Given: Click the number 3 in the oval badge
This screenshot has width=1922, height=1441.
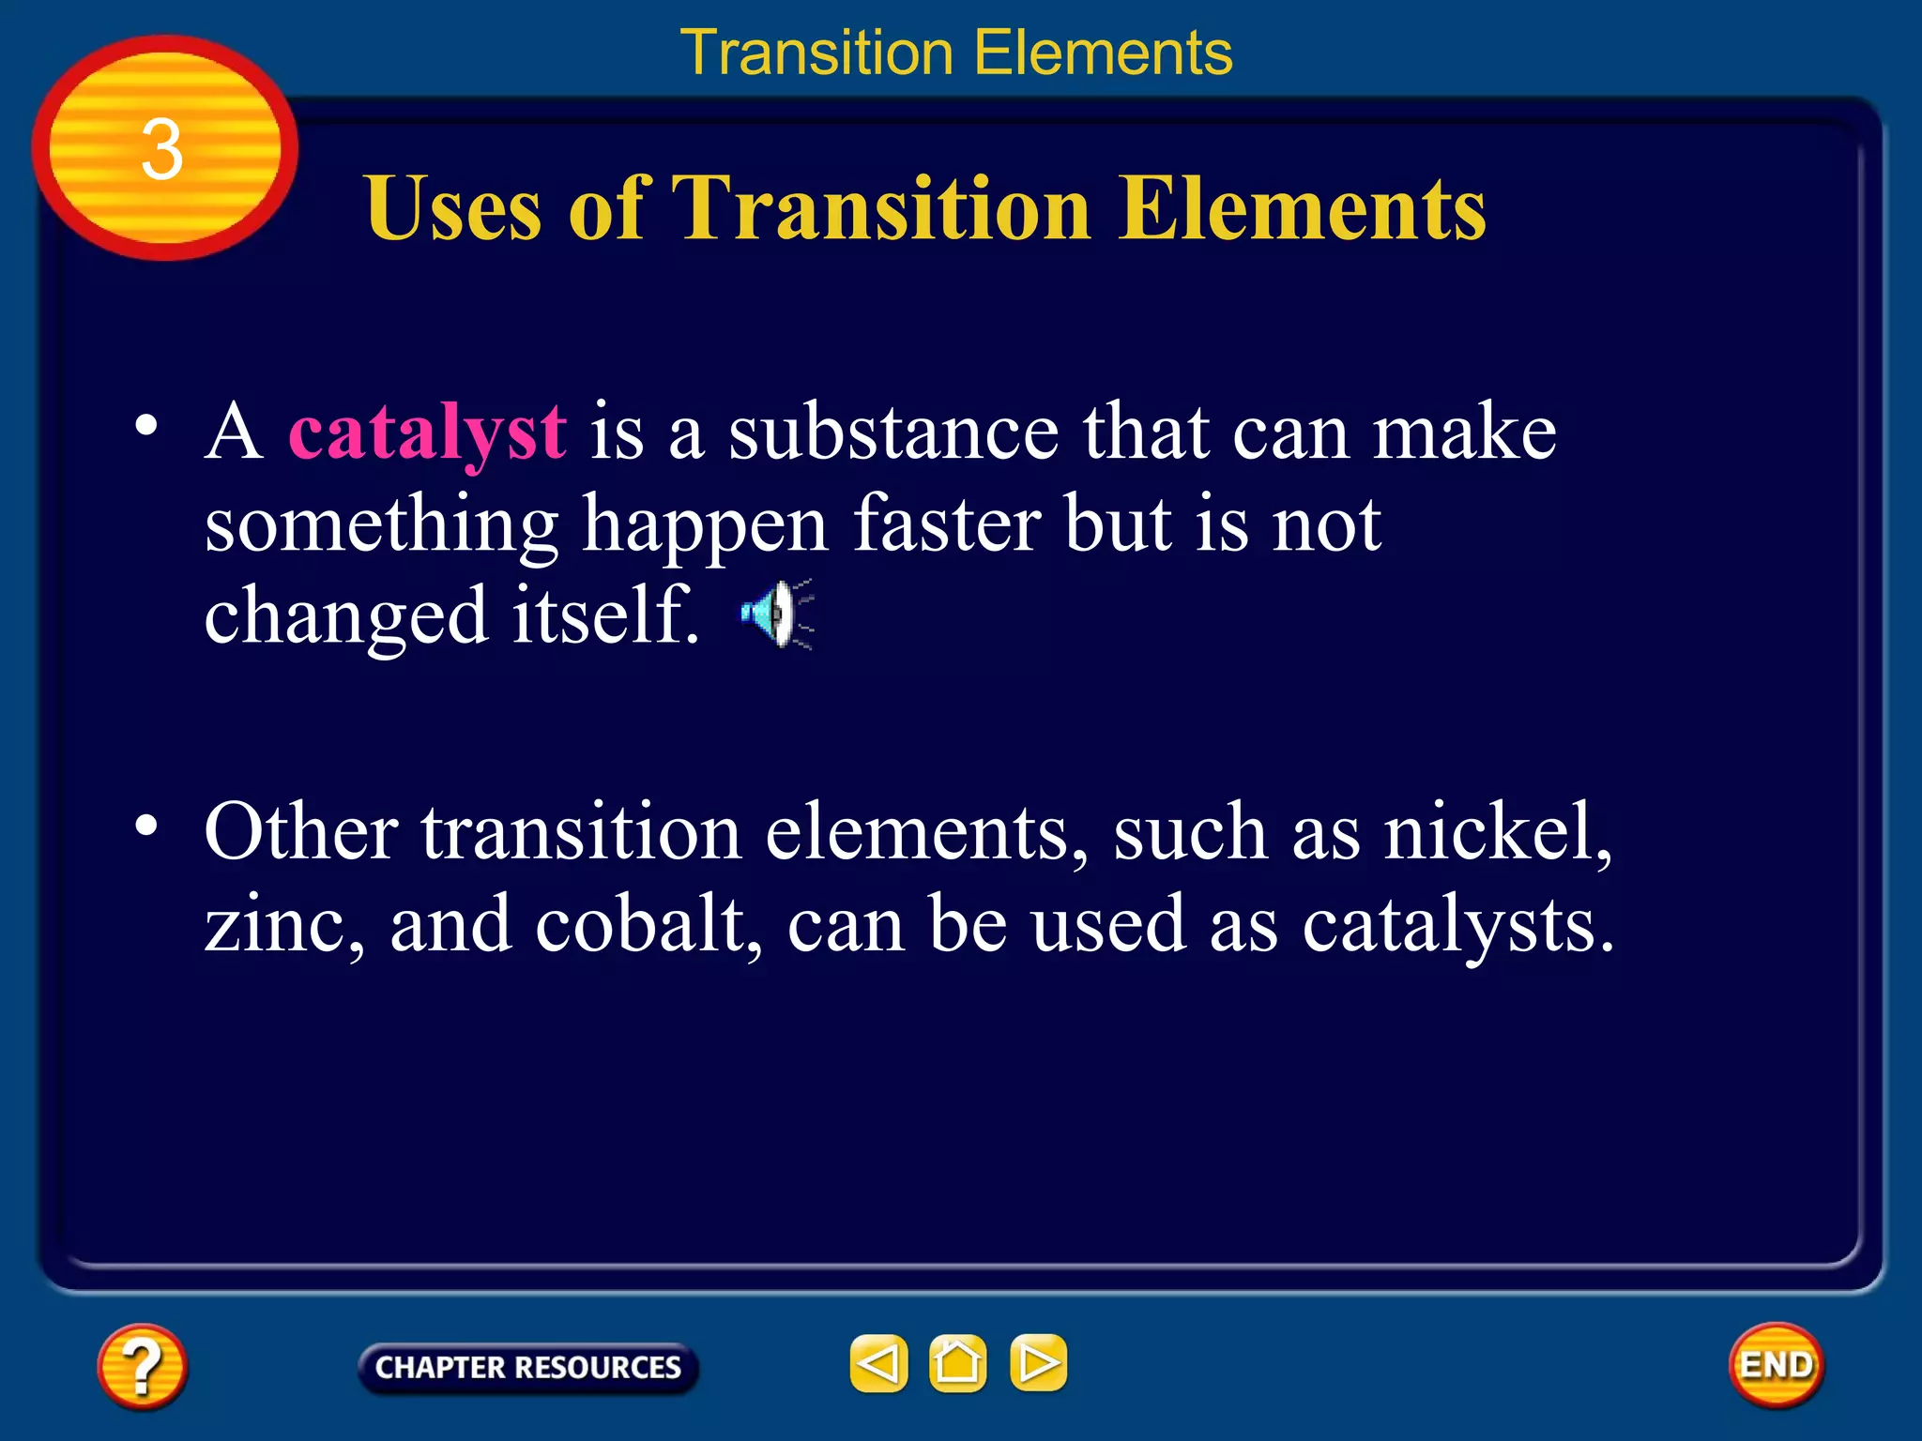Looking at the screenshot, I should tap(161, 150).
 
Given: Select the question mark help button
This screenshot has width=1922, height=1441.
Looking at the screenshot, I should tap(142, 1366).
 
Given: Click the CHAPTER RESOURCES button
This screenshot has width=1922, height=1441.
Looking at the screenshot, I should tap(527, 1367).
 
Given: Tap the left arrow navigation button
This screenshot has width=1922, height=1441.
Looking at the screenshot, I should tap(878, 1363).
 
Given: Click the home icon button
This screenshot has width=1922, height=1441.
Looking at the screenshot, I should tap(957, 1363).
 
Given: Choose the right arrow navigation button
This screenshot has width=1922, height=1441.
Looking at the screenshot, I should tap(1038, 1363).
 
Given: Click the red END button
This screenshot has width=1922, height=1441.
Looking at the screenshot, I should tap(1776, 1365).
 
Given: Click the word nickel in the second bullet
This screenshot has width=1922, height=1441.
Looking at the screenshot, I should tap(1496, 832).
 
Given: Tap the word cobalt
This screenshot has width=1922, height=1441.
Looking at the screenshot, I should tap(648, 925).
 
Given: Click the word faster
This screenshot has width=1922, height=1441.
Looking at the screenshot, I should tap(947, 525).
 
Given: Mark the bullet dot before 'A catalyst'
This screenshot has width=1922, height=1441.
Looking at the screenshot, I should tap(146, 426).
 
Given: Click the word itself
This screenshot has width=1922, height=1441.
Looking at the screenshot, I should tap(605, 616).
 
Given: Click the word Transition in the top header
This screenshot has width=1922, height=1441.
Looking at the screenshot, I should tap(816, 53).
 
